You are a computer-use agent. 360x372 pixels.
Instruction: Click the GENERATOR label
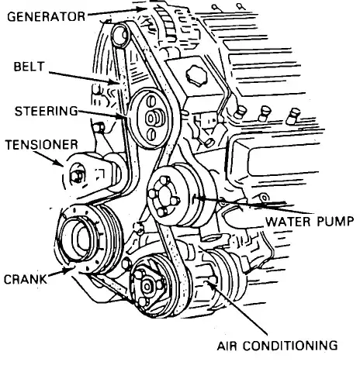point(46,17)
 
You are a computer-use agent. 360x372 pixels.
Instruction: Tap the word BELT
point(29,67)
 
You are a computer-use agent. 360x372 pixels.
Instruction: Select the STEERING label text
point(47,111)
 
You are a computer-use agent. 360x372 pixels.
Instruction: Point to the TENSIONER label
point(42,145)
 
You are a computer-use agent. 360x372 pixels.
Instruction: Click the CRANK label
point(26,279)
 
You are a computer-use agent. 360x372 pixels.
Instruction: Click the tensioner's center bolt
point(77,176)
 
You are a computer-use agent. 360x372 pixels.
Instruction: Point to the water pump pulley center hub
point(163,196)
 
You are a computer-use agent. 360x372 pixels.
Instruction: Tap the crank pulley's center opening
point(84,239)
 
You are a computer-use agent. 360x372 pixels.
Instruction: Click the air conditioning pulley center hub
point(147,286)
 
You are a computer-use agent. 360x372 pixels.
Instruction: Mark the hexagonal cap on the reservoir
point(196,76)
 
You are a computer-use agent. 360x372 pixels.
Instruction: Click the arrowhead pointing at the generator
point(141,9)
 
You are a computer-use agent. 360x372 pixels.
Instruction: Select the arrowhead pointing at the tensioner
point(59,163)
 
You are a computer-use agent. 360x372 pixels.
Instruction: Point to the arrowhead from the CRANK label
point(67,270)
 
